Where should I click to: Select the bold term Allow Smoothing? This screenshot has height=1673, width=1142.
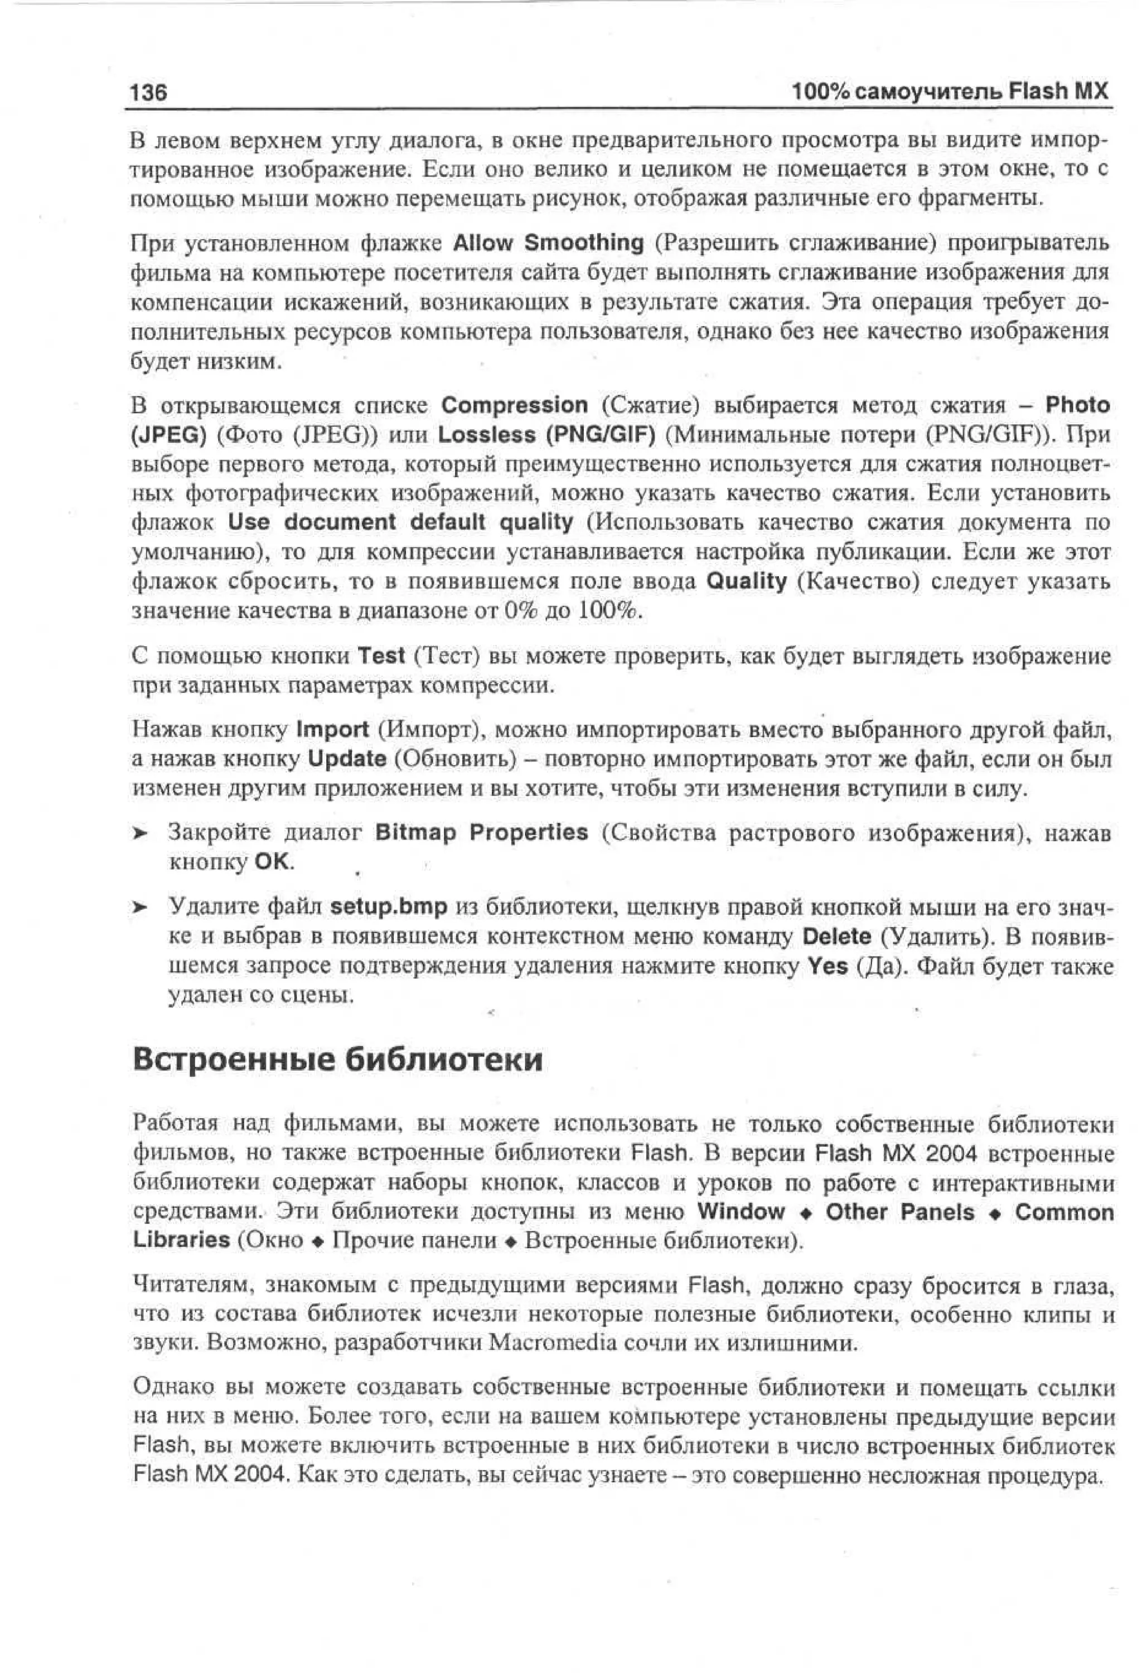(548, 243)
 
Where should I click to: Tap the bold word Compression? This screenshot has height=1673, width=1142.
(514, 405)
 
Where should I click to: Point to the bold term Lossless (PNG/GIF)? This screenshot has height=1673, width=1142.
(546, 435)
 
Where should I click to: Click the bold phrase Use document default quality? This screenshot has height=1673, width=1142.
(400, 522)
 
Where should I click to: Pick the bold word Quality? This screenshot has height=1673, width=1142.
(747, 581)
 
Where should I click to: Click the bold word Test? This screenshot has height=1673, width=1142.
(381, 656)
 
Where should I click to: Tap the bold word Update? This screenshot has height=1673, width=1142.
(347, 759)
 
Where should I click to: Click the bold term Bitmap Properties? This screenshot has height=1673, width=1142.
(481, 833)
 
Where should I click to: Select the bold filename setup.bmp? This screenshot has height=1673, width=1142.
(389, 906)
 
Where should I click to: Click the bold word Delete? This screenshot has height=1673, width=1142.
(836, 936)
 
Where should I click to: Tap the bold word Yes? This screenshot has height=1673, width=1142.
(828, 966)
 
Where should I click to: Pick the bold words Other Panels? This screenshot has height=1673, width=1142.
(899, 1213)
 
